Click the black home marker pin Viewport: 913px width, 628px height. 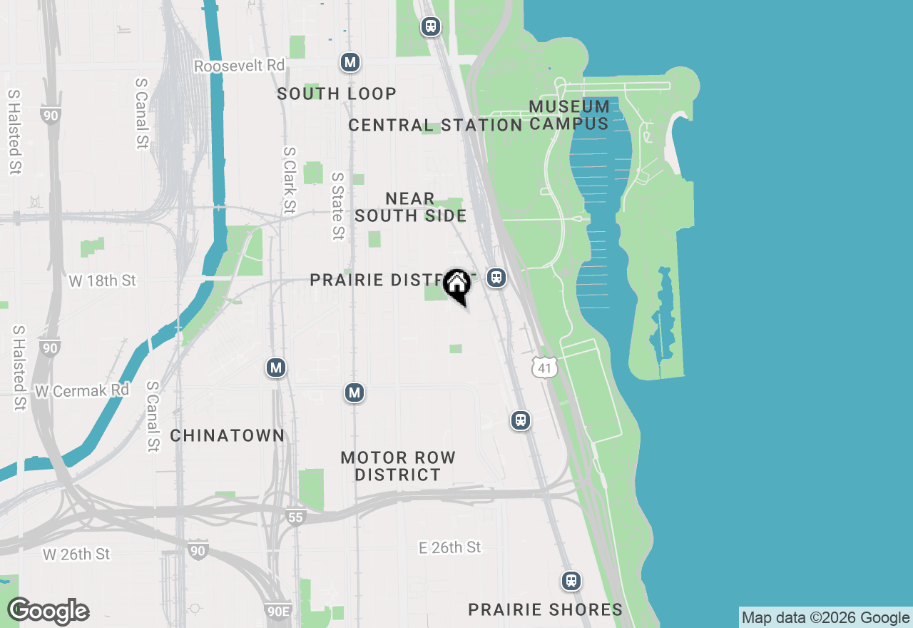pos(457,285)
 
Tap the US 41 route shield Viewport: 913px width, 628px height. pos(544,368)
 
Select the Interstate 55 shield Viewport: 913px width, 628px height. pos(295,517)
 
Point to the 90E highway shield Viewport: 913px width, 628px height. pos(278,611)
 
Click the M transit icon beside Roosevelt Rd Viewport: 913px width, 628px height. pos(350,63)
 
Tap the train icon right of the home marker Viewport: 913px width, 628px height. pos(496,278)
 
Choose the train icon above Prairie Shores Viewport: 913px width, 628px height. pos(571,580)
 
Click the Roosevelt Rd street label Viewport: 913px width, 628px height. pos(240,66)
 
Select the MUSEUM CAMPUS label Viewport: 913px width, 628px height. pos(569,115)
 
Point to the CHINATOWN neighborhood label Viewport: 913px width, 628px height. pos(228,435)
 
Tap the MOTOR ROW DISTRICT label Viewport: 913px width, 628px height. pos(398,466)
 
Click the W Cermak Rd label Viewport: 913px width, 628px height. pos(82,391)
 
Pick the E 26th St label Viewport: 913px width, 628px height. pos(449,547)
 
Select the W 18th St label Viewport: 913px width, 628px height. pos(102,280)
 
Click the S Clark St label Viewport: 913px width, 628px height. pos(289,181)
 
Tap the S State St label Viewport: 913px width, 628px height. pos(338,206)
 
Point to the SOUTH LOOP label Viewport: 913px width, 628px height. pos(337,93)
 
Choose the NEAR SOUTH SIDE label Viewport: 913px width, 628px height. pos(410,207)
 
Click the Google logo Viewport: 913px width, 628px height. pos(48,611)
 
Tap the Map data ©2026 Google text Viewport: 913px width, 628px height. pos(825,618)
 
